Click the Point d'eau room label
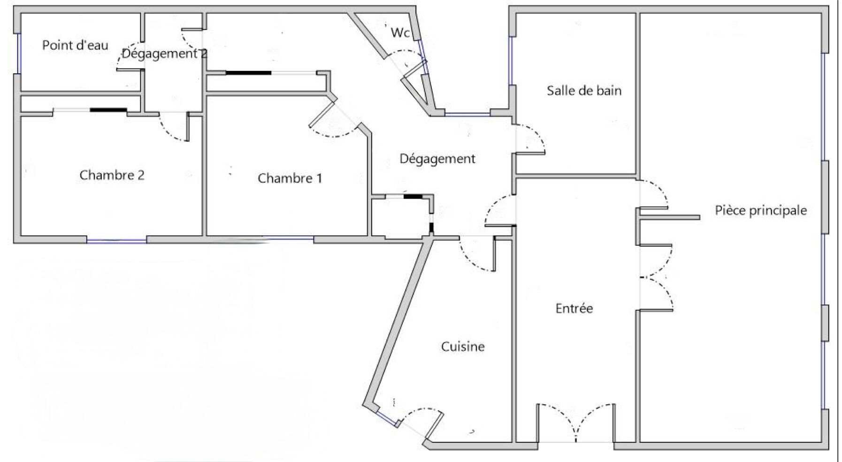pos(75,45)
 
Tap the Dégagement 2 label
pos(164,54)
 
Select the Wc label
pos(400,33)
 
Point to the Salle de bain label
pos(584,90)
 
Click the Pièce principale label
pos(761,210)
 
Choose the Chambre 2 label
pos(112,175)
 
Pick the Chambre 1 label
pos(290,178)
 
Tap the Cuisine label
pos(463,346)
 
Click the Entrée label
pos(574,308)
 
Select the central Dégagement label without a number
pos(437,159)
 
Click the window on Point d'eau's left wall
pos(19,53)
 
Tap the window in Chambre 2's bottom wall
pos(116,241)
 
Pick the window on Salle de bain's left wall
pos(512,61)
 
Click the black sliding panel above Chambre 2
pos(108,110)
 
